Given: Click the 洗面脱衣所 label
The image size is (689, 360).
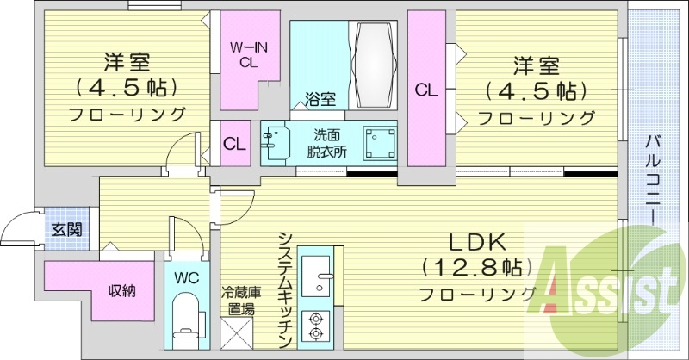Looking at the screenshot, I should click(x=328, y=142).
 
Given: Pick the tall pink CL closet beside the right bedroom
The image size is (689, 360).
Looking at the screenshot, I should click(x=425, y=89).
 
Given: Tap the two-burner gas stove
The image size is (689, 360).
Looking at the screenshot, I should click(x=316, y=326).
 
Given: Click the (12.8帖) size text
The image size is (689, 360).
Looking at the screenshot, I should click(x=469, y=266).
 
